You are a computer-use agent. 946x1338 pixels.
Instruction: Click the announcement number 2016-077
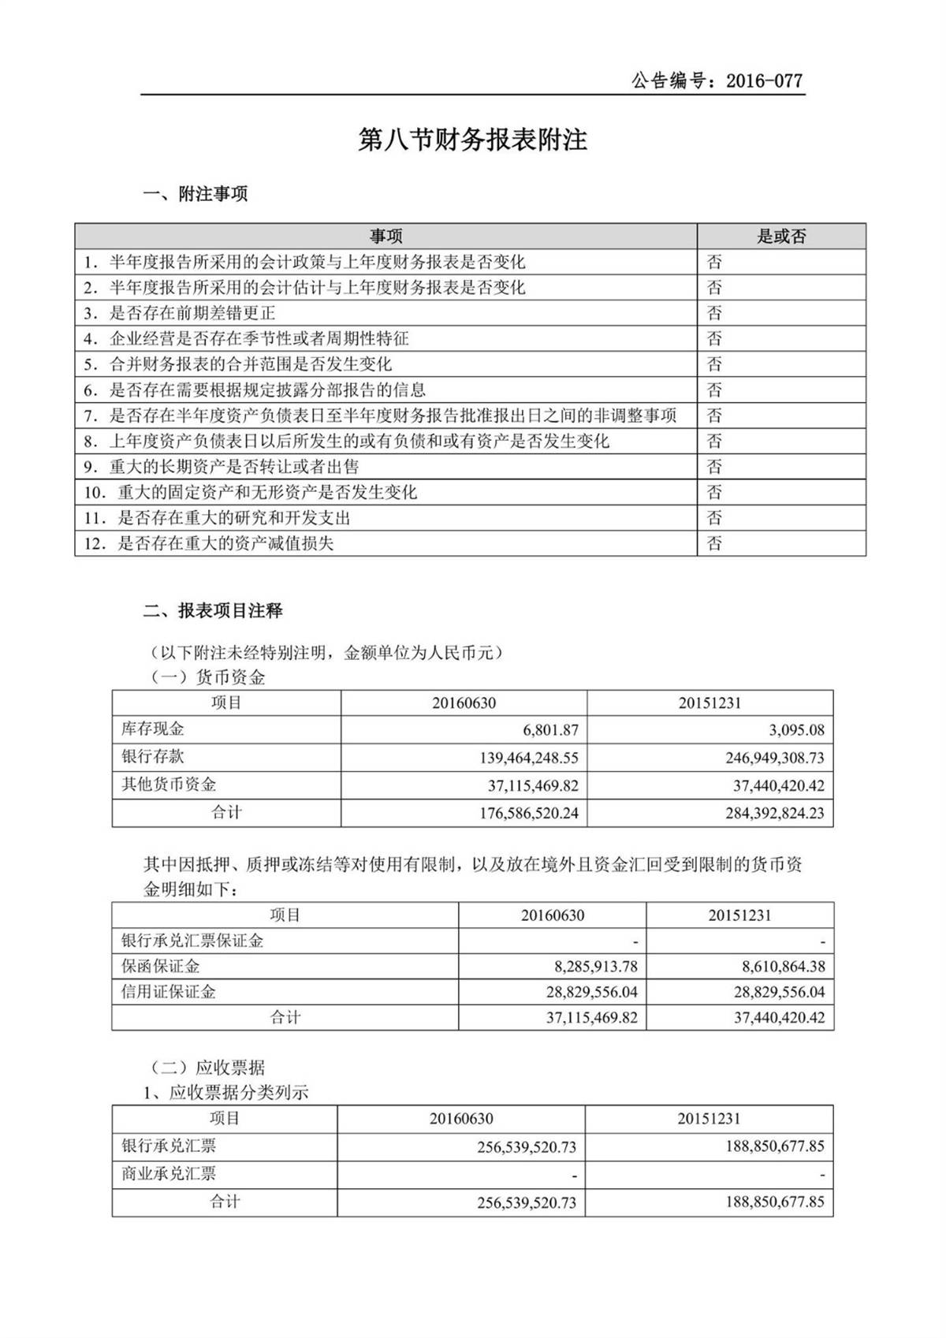tap(763, 80)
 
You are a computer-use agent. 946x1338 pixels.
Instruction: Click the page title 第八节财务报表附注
tap(473, 140)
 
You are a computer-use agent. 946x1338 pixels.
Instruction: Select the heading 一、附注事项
tap(196, 194)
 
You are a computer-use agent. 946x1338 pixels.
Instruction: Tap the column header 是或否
tap(781, 236)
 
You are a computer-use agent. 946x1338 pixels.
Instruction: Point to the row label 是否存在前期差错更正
tap(192, 313)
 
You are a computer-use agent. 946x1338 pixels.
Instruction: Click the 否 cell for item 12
tap(714, 543)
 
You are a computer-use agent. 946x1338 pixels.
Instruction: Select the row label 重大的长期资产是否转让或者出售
tap(234, 467)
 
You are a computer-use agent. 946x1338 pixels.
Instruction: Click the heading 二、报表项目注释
tap(213, 611)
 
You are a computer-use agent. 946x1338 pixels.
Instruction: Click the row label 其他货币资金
tap(169, 785)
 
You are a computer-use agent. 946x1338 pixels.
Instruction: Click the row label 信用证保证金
tap(169, 992)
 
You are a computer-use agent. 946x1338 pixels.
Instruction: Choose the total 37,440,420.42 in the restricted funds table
tap(779, 1017)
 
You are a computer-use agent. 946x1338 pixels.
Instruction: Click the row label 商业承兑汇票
tap(169, 1174)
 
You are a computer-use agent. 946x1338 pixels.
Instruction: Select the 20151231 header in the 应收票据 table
tap(709, 1119)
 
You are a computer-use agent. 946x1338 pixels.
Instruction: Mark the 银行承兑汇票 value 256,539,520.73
tap(526, 1147)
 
